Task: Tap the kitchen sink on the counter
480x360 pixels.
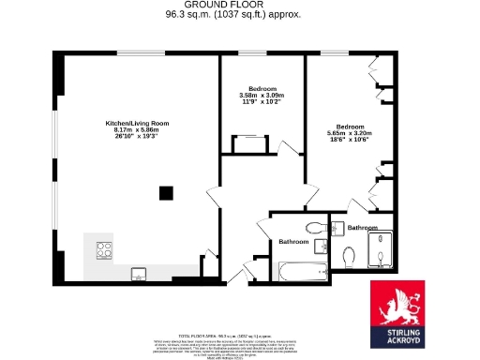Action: click(x=138, y=274)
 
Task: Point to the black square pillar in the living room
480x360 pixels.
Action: click(x=166, y=193)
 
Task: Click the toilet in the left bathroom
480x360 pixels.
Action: click(x=314, y=229)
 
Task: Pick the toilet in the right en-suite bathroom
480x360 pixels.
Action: click(x=349, y=255)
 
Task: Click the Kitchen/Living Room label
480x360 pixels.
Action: click(x=137, y=123)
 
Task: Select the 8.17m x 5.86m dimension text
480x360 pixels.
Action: click(x=137, y=130)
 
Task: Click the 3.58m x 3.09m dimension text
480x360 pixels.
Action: click(x=262, y=95)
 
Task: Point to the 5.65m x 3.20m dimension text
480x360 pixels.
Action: click(x=351, y=133)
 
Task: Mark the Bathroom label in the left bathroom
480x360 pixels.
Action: click(x=293, y=243)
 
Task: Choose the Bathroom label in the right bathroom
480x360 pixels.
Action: click(x=363, y=228)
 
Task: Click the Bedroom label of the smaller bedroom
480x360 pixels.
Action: click(x=262, y=88)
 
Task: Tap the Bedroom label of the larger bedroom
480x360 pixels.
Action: click(x=351, y=126)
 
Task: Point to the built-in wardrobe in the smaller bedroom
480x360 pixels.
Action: click(x=248, y=143)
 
